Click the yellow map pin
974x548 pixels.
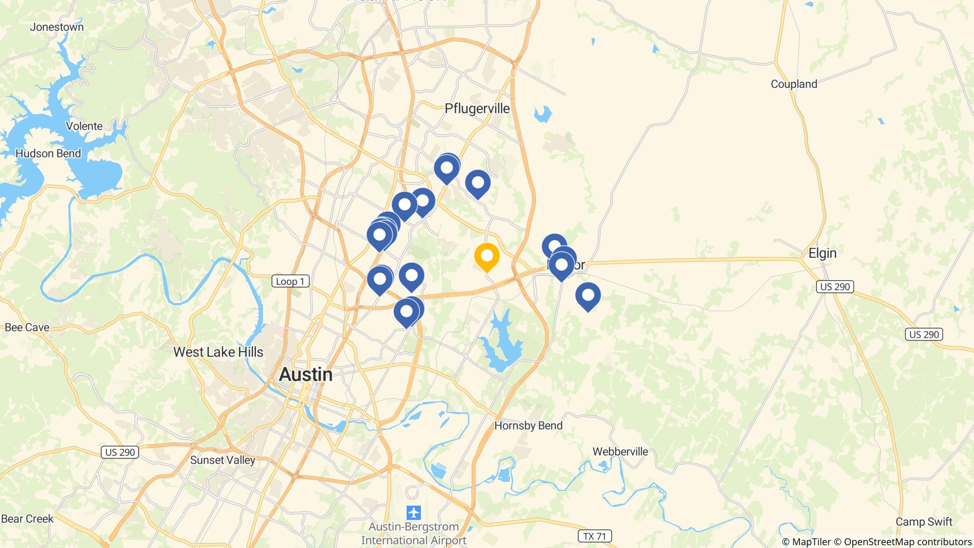tap(487, 256)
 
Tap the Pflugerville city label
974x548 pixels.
tap(477, 108)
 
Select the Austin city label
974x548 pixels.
tap(305, 374)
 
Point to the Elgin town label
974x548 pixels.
tap(822, 253)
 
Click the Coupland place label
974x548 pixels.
tap(794, 84)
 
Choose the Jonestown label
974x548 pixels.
tap(57, 27)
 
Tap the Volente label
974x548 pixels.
tap(84, 126)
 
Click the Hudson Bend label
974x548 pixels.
tap(48, 154)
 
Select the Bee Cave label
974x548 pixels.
tap(27, 327)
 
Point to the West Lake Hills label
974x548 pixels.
tap(218, 352)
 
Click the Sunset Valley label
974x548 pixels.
tap(223, 460)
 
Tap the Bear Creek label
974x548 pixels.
tap(27, 519)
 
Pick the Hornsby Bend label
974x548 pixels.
tap(528, 425)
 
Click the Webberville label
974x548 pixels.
tap(620, 451)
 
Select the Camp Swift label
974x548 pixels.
tap(924, 522)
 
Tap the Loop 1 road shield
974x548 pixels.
tap(290, 282)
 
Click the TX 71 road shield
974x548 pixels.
tap(594, 536)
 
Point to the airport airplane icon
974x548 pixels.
tap(414, 513)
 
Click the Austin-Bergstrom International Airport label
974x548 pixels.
tap(414, 534)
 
